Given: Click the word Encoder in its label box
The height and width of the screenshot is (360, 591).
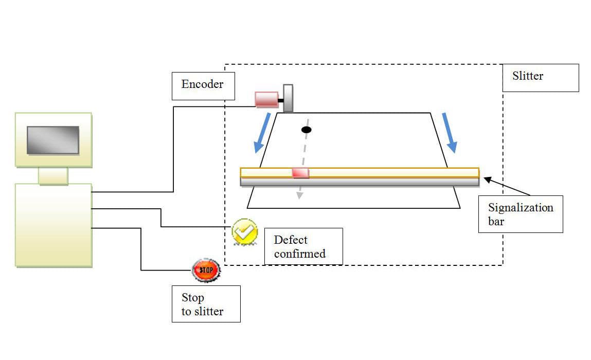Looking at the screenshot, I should tap(202, 84).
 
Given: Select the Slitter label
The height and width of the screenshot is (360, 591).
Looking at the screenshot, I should tap(527, 76).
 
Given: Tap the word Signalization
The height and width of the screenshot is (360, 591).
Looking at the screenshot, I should tap(521, 208).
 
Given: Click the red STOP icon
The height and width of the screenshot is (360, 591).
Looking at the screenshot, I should tap(206, 269).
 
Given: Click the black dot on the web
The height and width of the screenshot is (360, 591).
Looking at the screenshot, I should tap(306, 130).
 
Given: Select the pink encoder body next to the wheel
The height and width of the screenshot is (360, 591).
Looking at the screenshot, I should tap(266, 99).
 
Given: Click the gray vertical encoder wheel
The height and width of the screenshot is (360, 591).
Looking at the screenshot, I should tap(288, 98).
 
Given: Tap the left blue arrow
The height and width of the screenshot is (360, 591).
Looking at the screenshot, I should tap(263, 133).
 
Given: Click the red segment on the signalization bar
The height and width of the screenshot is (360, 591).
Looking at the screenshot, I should tap(300, 172).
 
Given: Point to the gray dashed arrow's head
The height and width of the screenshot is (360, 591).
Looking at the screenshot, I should tap(298, 195).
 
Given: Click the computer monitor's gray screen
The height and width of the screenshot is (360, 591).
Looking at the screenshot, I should tap(53, 140).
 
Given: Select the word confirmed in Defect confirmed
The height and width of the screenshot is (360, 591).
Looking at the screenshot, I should tap(299, 254).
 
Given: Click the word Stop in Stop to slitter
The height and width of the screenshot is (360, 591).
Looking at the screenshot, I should tap(192, 298).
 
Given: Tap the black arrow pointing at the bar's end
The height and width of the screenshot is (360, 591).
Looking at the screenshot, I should tap(489, 181).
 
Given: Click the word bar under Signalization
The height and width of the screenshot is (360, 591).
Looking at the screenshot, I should tap(496, 222).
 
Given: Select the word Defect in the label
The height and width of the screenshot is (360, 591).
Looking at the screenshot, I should tap(291, 240).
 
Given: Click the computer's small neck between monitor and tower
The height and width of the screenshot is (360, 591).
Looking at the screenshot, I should tap(53, 176).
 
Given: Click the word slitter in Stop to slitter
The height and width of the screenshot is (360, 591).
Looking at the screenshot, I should tap(209, 311).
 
